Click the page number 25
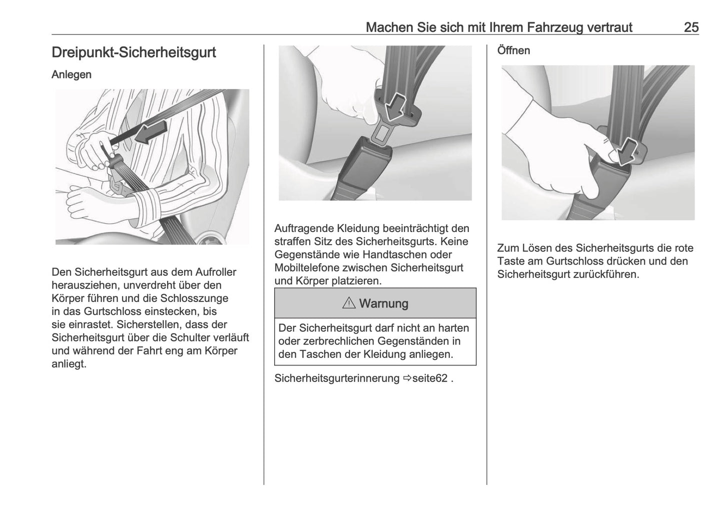pyautogui.click(x=691, y=27)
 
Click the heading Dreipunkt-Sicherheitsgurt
pyautogui.click(x=134, y=52)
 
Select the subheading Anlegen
pyautogui.click(x=72, y=74)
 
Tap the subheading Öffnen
pyautogui.click(x=513, y=50)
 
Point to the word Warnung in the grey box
pyautogui.click(x=383, y=303)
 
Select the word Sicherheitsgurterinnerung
pyautogui.click(x=337, y=378)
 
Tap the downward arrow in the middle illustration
pyautogui.click(x=398, y=104)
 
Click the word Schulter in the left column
pyautogui.click(x=190, y=337)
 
